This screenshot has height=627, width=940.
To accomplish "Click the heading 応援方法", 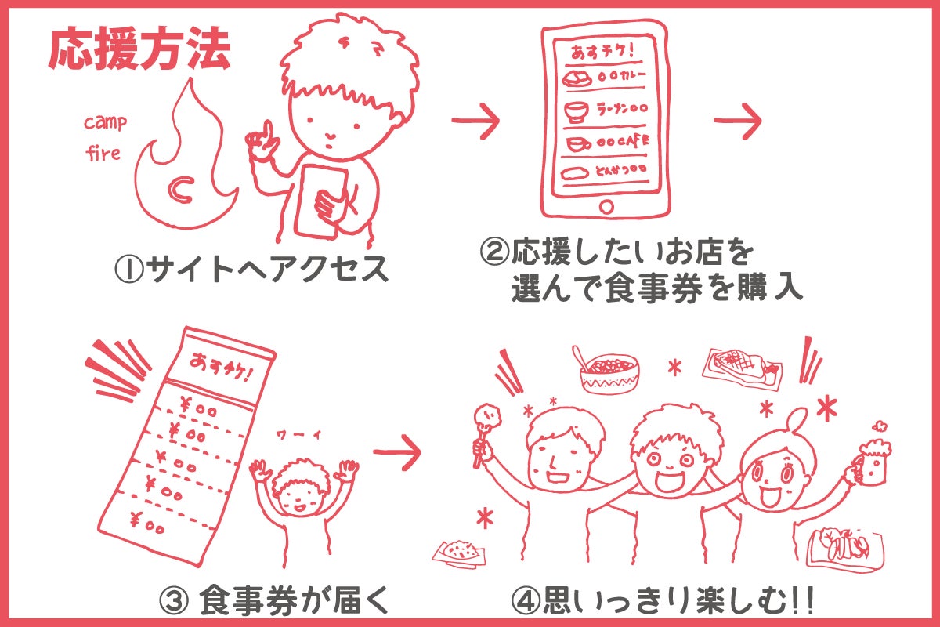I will pos(139,53).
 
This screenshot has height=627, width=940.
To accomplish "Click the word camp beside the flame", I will pos(105,123).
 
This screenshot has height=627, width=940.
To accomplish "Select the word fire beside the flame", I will pos(103,153).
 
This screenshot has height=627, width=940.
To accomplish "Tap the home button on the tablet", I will pos(606,206).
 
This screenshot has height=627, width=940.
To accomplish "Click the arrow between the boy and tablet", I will pos(475,120).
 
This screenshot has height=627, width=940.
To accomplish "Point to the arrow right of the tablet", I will pos(738,120).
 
